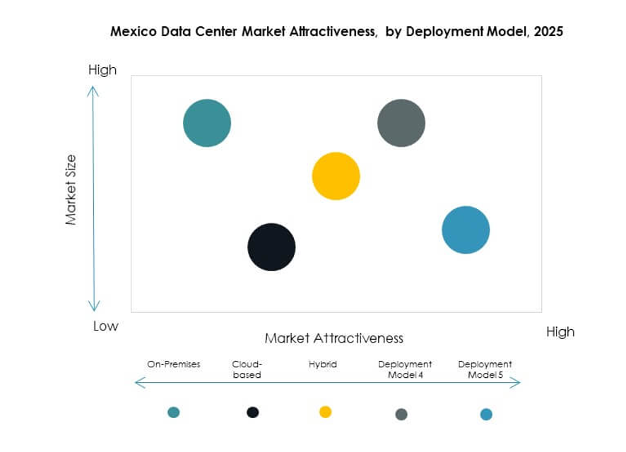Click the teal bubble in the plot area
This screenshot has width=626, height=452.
click(x=207, y=123)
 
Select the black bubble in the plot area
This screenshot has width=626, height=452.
click(x=271, y=246)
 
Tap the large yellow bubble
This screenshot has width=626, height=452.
click(x=336, y=176)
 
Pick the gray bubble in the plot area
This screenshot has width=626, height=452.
click(x=401, y=123)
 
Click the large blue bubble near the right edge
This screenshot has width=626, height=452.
click(x=466, y=230)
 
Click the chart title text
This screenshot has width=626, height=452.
click(x=336, y=32)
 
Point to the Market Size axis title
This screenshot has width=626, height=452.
click(x=71, y=190)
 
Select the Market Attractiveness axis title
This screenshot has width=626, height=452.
click(x=333, y=338)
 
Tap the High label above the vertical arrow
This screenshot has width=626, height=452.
click(x=102, y=70)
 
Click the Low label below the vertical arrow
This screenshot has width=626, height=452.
click(x=106, y=326)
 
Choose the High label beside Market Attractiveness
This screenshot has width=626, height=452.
click(x=560, y=332)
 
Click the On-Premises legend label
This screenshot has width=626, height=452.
click(x=174, y=364)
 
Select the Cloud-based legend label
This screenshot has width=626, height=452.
click(x=247, y=369)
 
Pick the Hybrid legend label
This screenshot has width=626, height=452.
click(x=323, y=364)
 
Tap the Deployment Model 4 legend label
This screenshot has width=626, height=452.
click(x=405, y=369)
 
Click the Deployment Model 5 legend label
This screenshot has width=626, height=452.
click(x=485, y=369)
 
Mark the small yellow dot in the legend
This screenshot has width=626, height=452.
click(x=325, y=412)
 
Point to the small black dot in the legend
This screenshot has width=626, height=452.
click(x=252, y=412)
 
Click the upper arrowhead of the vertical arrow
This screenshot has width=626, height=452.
click(x=93, y=90)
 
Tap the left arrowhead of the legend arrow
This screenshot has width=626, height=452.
click(x=138, y=383)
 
